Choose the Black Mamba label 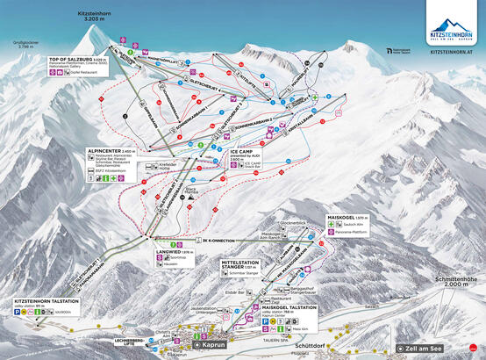pyautogui.click(x=189, y=191)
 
